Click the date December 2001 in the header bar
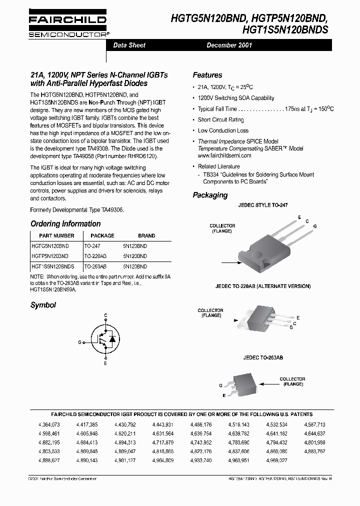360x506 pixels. pos(229,45)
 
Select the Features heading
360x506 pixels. pos(207,75)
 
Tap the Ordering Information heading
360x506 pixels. pos(65,223)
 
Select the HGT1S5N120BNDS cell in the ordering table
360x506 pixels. pos(53,267)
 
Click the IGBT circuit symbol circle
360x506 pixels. pos(105,338)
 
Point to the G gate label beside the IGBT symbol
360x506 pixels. pos(79,342)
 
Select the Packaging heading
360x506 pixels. pos(210,195)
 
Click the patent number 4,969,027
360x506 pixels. pos(277,459)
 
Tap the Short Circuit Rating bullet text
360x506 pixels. pos(220,119)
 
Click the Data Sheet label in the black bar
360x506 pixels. pos(129,45)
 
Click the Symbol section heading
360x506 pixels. pos(43,304)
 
